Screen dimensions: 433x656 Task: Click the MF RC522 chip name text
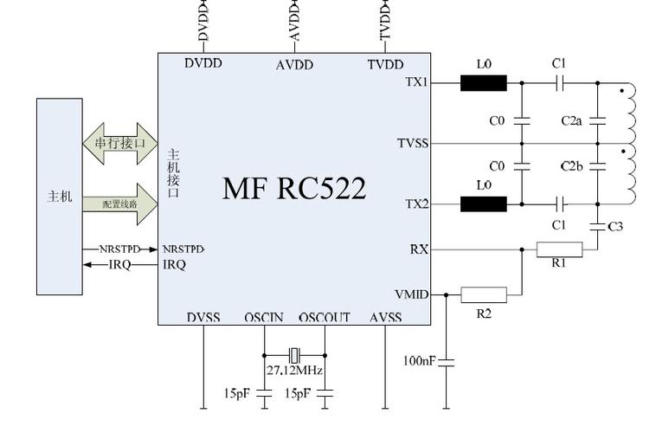tap(293, 188)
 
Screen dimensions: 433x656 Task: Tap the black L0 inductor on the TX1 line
tap(483, 83)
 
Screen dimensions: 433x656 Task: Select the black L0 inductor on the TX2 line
tap(483, 204)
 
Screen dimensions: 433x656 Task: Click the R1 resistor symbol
tap(559, 249)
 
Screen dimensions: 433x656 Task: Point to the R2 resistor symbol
tap(483, 294)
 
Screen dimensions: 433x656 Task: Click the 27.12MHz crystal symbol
tap(294, 354)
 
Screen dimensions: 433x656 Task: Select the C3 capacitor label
tap(615, 227)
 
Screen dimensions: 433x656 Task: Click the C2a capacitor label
tap(571, 121)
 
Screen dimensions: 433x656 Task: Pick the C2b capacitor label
tap(571, 165)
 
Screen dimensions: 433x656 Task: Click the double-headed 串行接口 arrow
tap(120, 142)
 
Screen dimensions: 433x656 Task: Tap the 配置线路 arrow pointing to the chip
tap(120, 204)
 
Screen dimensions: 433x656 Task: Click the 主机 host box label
tap(60, 197)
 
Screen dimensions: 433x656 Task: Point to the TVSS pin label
tap(413, 143)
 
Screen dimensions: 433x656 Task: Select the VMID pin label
tap(411, 294)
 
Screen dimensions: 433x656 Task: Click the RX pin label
tap(419, 249)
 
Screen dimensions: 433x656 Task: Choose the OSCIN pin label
tap(264, 318)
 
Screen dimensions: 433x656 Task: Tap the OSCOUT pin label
tap(325, 318)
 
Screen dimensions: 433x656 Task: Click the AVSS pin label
tap(385, 318)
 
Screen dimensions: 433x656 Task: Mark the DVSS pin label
tap(203, 318)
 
